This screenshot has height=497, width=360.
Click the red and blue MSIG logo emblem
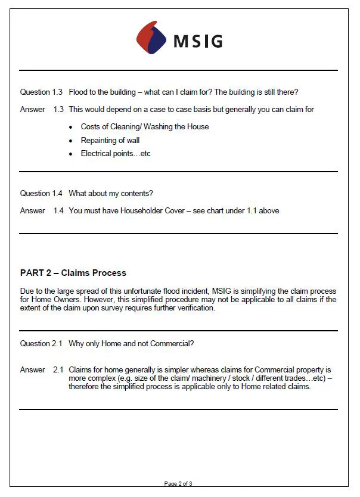(151, 38)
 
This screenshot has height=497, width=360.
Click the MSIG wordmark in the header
(198, 41)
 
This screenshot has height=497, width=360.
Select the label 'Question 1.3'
(41, 92)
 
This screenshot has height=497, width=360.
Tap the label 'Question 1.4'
(41, 194)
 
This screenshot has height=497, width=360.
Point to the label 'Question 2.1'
(41, 344)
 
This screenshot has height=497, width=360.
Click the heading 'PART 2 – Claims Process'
(73, 273)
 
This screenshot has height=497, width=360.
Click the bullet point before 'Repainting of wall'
(71, 141)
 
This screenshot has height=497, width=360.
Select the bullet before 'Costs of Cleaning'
(71, 128)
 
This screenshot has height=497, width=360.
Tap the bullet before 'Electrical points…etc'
(71, 154)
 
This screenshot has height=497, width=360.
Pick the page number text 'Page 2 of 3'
(179, 484)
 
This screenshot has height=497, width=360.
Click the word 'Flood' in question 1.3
(79, 92)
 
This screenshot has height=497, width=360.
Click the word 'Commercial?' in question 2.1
(173, 344)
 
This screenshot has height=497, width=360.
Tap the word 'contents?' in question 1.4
(136, 194)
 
